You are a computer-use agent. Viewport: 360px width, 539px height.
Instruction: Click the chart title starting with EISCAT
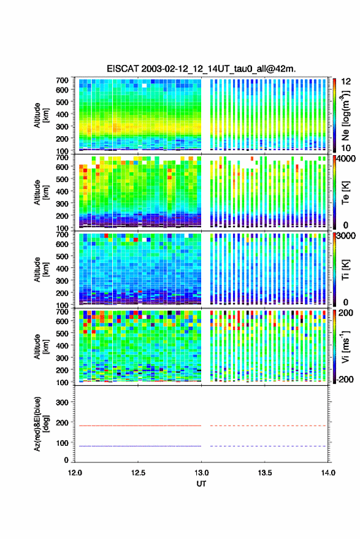pyautogui.click(x=201, y=69)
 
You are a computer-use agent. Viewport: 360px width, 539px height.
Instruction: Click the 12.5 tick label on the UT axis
pyautogui.click(x=138, y=473)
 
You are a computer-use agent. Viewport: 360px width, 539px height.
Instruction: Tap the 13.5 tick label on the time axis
pyautogui.click(x=264, y=473)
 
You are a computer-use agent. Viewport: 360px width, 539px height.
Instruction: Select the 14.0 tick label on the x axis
pyautogui.click(x=328, y=473)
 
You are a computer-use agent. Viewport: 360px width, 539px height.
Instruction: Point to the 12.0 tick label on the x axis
pyautogui.click(x=75, y=473)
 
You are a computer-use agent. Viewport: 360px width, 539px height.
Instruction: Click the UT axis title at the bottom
pyautogui.click(x=201, y=484)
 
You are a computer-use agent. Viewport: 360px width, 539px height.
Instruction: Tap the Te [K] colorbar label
pyautogui.click(x=345, y=193)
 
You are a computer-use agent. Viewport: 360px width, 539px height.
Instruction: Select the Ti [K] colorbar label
pyautogui.click(x=345, y=270)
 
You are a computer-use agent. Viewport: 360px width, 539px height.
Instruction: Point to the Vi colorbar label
pyautogui.click(x=345, y=346)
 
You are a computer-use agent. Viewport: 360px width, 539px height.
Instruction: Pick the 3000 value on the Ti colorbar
pyautogui.click(x=346, y=236)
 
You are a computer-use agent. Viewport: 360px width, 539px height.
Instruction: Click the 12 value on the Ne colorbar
pyautogui.click(x=346, y=82)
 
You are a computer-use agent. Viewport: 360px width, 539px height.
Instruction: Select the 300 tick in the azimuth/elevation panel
pyautogui.click(x=62, y=402)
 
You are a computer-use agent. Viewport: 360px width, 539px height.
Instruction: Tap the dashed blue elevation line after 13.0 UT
pyautogui.click(x=268, y=446)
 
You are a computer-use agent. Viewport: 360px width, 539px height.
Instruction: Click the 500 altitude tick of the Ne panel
pyautogui.click(x=62, y=102)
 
